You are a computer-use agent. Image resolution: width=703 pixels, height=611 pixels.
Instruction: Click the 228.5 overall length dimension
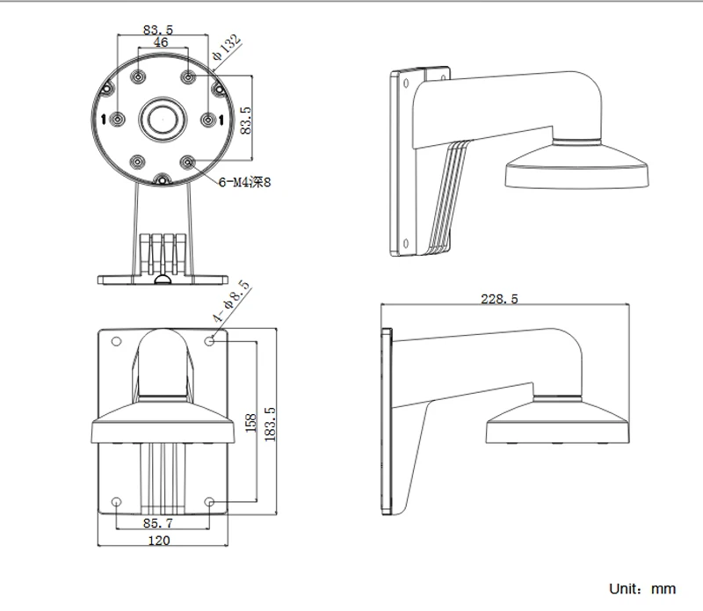[x=499, y=299]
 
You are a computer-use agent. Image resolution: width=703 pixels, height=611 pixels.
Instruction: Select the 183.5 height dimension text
[x=270, y=423]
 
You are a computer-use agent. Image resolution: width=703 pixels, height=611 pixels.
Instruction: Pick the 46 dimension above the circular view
[x=161, y=42]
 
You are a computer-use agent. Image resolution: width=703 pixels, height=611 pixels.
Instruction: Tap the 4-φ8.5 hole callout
[x=231, y=302]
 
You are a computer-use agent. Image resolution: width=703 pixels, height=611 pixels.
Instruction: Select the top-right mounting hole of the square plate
[x=210, y=339]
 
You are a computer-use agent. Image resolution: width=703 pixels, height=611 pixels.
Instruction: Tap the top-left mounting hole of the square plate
[x=117, y=339]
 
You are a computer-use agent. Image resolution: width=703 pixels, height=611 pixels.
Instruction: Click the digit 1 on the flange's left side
[x=104, y=119]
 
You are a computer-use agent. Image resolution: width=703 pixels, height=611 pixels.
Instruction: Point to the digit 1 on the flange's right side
[x=221, y=119]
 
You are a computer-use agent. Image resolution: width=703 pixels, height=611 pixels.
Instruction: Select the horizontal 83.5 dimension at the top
[x=158, y=30]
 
